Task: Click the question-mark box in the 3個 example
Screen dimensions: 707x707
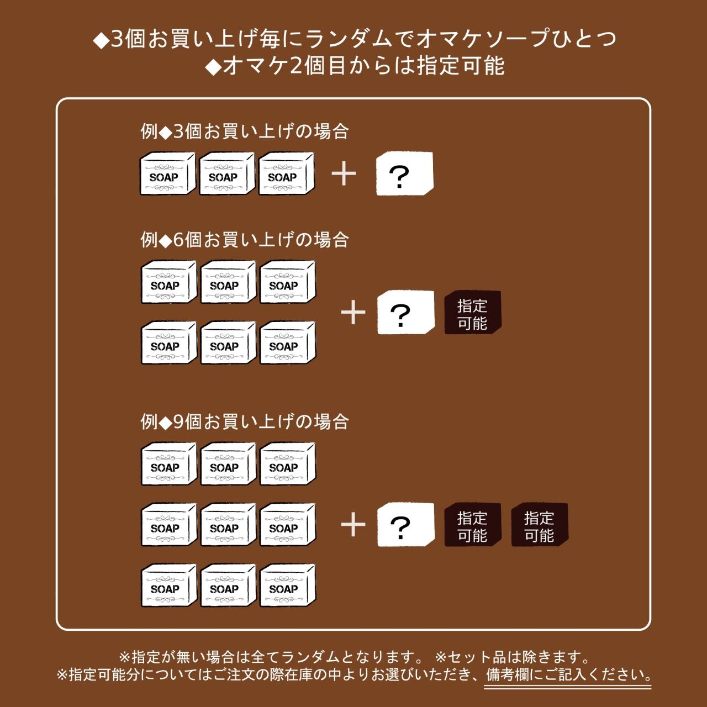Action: [x=404, y=174]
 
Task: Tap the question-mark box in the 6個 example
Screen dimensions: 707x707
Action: [x=405, y=313]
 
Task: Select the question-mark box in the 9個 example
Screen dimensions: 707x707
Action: [x=405, y=525]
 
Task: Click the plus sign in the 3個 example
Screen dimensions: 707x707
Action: [x=344, y=174]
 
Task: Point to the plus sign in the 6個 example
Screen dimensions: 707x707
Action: [x=353, y=313]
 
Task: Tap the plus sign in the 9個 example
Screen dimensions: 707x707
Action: [x=353, y=525]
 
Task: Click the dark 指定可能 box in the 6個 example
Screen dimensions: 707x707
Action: [x=472, y=313]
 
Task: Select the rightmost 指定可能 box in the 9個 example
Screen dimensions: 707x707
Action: [x=539, y=525]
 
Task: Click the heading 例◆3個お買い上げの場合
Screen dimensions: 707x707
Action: [x=245, y=131]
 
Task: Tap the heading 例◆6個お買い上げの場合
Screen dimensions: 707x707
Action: [x=245, y=240]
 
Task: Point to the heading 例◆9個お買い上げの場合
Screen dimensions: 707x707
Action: [x=245, y=421]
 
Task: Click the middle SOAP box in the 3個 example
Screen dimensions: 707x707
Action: [x=226, y=174]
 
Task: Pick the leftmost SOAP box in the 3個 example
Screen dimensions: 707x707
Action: [x=167, y=174]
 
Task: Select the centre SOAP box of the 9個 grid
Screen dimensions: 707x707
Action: [x=228, y=525]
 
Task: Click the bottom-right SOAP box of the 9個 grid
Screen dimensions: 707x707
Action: [x=287, y=585]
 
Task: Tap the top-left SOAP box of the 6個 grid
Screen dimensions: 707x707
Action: [x=168, y=282]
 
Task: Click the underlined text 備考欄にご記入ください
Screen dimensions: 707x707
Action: [x=568, y=675]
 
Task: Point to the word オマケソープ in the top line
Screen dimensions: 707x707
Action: [x=481, y=39]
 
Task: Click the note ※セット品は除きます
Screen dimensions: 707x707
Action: [x=512, y=657]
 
